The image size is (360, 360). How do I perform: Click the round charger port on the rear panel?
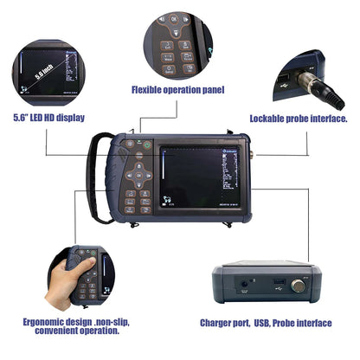click(x=245, y=282)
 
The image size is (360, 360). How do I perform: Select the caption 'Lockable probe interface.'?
click(x=299, y=119)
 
